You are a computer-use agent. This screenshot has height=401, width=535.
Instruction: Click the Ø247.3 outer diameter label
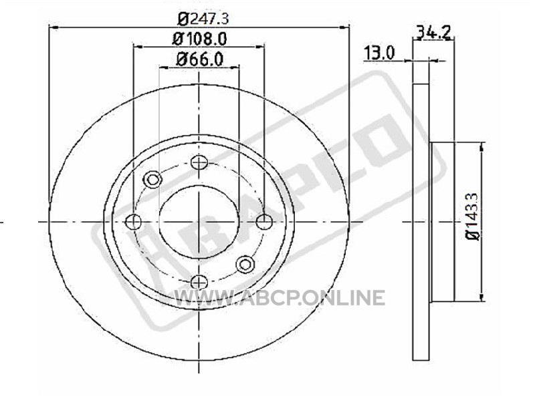[x=203, y=19]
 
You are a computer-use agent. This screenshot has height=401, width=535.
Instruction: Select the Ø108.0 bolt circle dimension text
[x=199, y=39]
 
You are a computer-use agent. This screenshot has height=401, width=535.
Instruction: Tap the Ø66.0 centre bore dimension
[x=199, y=59]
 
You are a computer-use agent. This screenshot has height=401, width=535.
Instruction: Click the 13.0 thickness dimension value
[x=379, y=53]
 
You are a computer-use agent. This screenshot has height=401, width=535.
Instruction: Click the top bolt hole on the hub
[x=199, y=162]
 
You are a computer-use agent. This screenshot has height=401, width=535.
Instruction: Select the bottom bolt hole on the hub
[x=199, y=282]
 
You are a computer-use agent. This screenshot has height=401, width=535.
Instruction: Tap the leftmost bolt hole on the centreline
[x=133, y=222]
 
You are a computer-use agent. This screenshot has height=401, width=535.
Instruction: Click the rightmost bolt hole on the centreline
[x=264, y=222]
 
